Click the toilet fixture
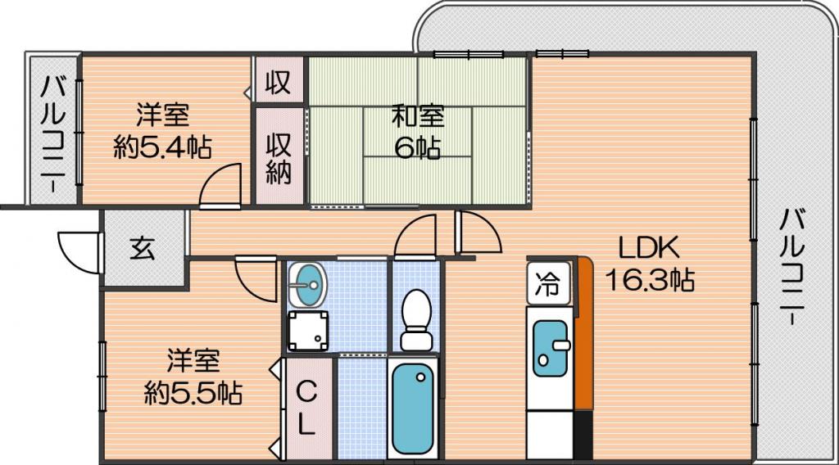(x=416, y=319)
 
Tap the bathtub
(x=413, y=409)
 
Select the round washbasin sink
(x=306, y=286)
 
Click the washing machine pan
(x=308, y=330)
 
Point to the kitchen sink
(x=550, y=347)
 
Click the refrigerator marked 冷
(x=548, y=283)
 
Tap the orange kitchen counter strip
(x=584, y=334)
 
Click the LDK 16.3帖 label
(x=650, y=264)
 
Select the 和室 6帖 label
(x=418, y=132)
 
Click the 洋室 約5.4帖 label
(x=163, y=131)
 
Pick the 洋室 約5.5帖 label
(x=193, y=377)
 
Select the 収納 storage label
(x=279, y=158)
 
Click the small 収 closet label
(x=279, y=83)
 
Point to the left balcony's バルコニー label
(x=54, y=133)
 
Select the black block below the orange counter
(x=583, y=435)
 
